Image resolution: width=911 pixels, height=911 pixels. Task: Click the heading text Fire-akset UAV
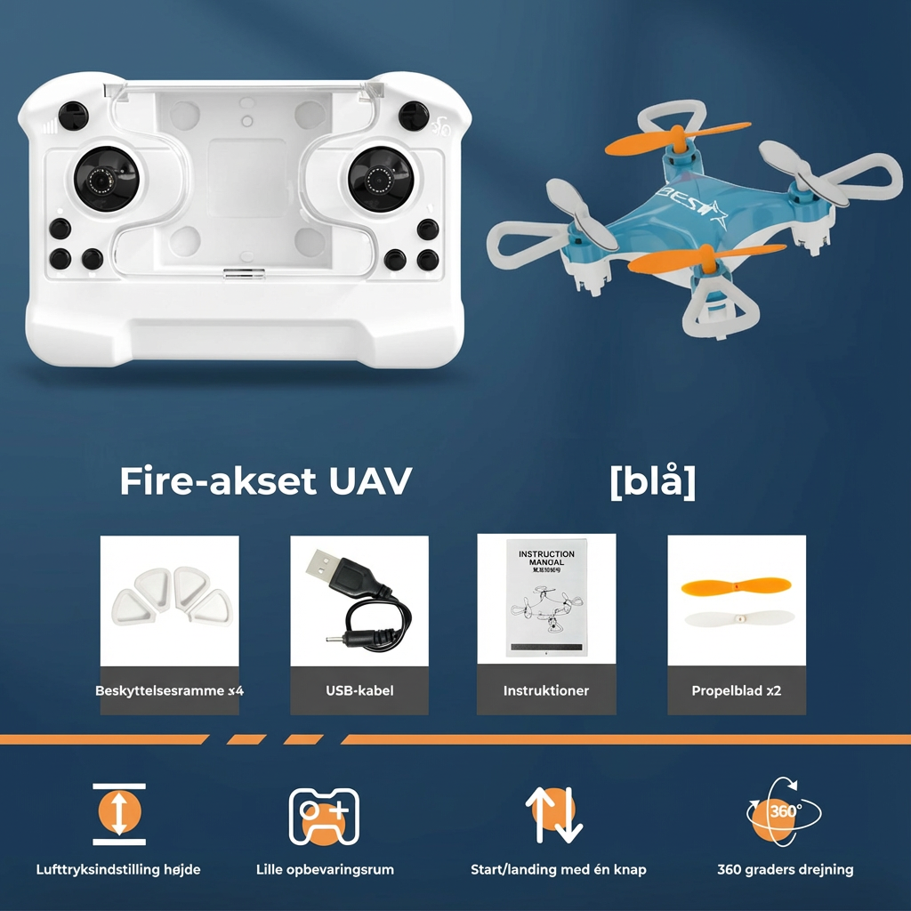point(265,481)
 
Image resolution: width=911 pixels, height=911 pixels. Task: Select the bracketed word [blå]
point(652,481)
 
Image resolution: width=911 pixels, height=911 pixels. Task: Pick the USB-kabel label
point(359,690)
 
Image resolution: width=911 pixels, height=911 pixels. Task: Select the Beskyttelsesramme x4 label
point(169,690)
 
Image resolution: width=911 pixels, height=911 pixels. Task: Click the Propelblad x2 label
point(736,690)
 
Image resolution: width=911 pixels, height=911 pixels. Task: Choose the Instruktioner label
point(546,690)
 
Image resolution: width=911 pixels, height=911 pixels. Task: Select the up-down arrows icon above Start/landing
point(553,814)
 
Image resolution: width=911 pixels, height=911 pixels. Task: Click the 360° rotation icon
point(783,810)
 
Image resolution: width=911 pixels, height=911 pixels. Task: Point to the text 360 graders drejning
point(785,869)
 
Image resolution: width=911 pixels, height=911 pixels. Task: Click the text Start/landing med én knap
point(559,869)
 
